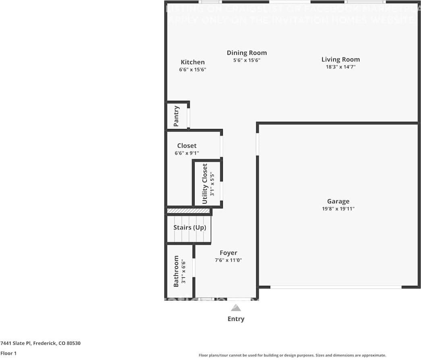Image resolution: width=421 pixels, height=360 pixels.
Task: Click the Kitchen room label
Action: pyautogui.click(x=193, y=62)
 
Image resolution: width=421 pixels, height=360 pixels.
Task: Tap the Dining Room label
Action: pyautogui.click(x=247, y=53)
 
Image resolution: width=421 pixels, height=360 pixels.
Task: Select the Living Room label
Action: pyautogui.click(x=340, y=60)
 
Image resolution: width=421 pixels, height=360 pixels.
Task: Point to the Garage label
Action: pyautogui.click(x=338, y=202)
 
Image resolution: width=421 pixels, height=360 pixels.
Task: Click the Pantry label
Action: pyautogui.click(x=176, y=116)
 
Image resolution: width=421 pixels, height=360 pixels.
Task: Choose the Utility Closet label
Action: pyautogui.click(x=205, y=183)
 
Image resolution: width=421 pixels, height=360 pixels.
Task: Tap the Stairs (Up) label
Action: pyautogui.click(x=190, y=227)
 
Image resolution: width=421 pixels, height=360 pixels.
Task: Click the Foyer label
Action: pyautogui.click(x=228, y=253)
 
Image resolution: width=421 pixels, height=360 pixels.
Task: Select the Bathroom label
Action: pyautogui.click(x=176, y=271)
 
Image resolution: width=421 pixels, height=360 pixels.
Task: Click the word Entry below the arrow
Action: pyautogui.click(x=236, y=319)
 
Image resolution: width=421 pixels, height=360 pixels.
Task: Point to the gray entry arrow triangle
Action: pyautogui.click(x=236, y=308)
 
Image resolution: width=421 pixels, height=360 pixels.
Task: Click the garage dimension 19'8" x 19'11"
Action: pyautogui.click(x=338, y=209)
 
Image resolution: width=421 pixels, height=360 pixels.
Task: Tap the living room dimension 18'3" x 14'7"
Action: pyautogui.click(x=340, y=67)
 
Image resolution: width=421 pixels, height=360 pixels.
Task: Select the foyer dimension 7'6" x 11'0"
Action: pyautogui.click(x=228, y=260)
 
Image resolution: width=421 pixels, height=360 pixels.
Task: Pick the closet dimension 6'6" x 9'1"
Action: pyautogui.click(x=187, y=153)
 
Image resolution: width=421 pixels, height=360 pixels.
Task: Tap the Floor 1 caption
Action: pyautogui.click(x=9, y=354)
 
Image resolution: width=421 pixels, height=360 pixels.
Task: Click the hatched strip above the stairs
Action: pyautogui.click(x=189, y=211)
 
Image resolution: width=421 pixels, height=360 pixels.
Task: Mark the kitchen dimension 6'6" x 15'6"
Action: pyautogui.click(x=193, y=69)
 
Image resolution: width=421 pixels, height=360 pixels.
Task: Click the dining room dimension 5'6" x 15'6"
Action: pyautogui.click(x=247, y=60)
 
